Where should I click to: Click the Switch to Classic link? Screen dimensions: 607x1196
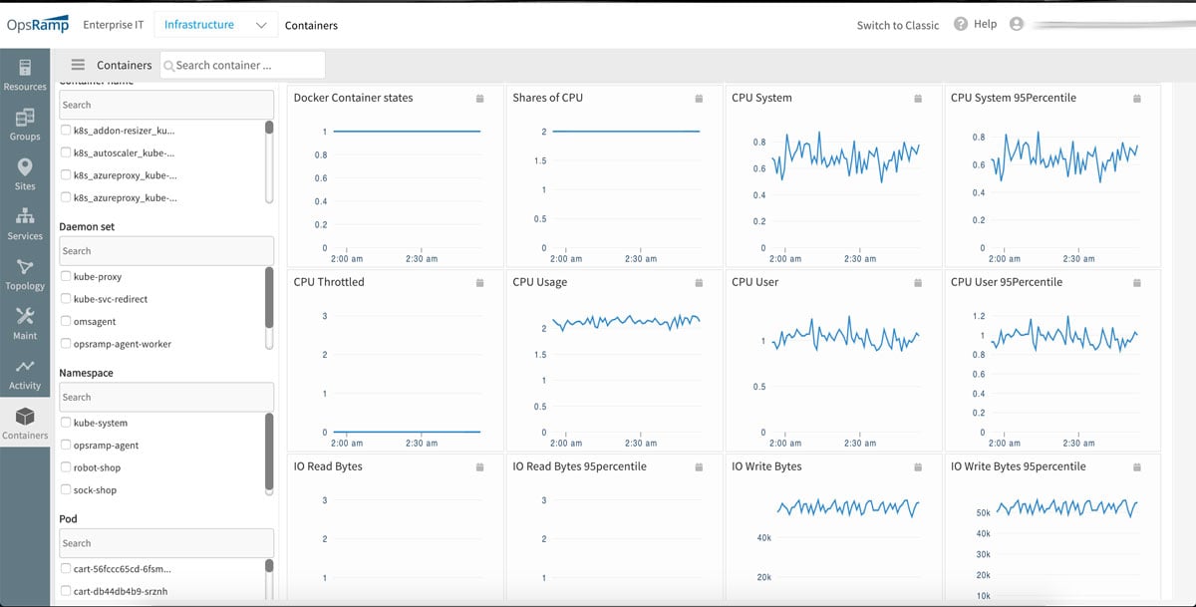pos(897,25)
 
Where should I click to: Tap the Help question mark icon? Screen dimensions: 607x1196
pos(961,24)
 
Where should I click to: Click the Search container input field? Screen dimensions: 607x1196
pos(245,65)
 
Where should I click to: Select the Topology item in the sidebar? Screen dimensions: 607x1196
pos(25,274)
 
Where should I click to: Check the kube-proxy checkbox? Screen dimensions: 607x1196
pos(66,277)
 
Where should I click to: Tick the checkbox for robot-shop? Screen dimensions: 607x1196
pos(66,467)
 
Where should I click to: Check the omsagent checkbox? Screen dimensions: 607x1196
pos(66,321)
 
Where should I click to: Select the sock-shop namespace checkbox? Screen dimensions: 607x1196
pos(66,490)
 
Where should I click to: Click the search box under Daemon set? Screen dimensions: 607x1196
pos(165,251)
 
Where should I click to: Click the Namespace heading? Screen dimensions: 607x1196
pos(87,373)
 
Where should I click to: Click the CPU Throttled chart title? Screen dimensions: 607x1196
pos(329,282)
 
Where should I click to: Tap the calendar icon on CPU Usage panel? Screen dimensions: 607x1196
pos(699,283)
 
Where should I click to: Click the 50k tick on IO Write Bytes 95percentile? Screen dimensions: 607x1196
pos(983,513)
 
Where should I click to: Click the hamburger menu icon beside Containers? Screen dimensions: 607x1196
pos(78,65)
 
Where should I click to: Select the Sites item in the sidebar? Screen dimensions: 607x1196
pos(25,174)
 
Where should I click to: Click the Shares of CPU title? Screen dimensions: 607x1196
pos(547,98)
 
